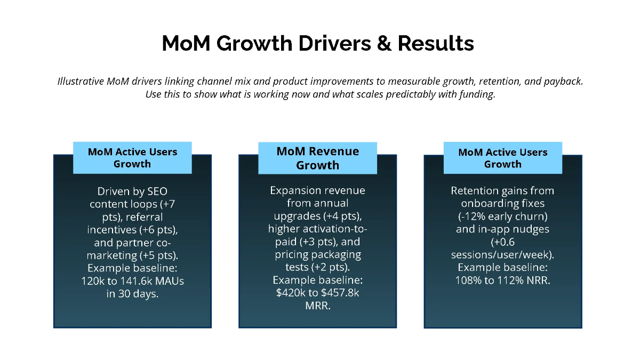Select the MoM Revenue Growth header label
317,158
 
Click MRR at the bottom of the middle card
317,306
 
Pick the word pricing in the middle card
293,254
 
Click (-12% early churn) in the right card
502,217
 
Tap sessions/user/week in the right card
502,254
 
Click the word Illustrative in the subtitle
80,82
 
